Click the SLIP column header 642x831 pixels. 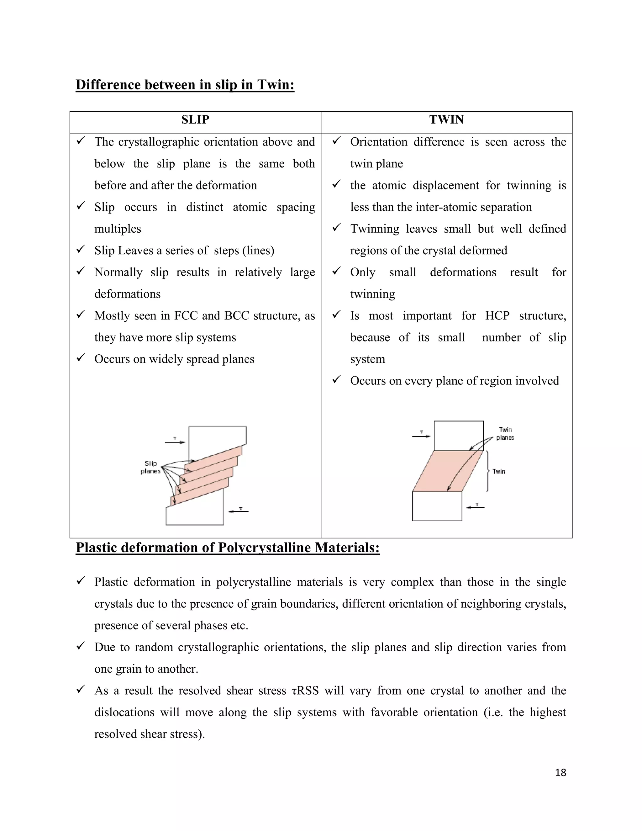[195, 120]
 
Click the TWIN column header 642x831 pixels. [446, 120]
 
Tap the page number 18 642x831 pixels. [560, 772]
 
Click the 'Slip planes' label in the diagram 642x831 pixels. [150, 467]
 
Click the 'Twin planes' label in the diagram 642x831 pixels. [505, 434]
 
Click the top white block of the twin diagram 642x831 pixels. [458, 436]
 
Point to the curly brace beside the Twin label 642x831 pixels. [487, 471]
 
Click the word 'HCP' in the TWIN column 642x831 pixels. [497, 316]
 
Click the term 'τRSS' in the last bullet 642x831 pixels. [305, 691]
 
